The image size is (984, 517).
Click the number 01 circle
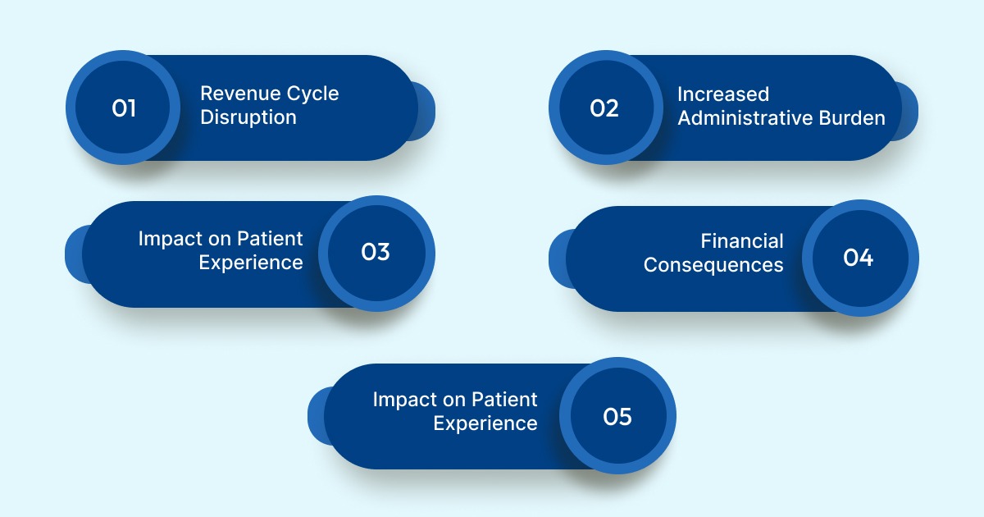pos(123,108)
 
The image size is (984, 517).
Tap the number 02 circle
pos(605,108)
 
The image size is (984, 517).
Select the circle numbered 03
pos(376,253)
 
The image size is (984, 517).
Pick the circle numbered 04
pos(859,258)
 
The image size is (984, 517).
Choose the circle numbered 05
pos(617,417)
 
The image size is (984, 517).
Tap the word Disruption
pos(248,117)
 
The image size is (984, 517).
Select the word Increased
pos(722,94)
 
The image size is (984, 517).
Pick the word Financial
pos(742,241)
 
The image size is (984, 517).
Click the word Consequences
pos(713,265)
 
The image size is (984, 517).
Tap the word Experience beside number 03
pos(251,263)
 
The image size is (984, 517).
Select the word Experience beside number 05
pos(485,423)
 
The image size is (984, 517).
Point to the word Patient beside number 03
pos(270,239)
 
